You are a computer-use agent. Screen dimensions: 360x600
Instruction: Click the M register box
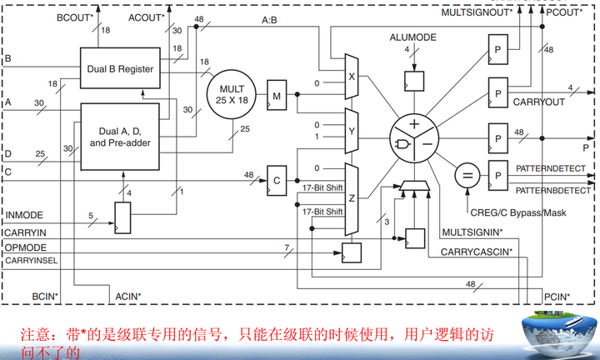[x=277, y=96]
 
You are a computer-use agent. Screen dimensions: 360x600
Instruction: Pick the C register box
[x=277, y=177]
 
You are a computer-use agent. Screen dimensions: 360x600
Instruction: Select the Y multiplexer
[x=350, y=129]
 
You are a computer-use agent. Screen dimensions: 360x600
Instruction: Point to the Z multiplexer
[x=350, y=198]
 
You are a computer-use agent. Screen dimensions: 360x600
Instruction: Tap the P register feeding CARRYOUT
[x=497, y=89]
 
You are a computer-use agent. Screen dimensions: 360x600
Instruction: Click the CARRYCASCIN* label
[x=477, y=251]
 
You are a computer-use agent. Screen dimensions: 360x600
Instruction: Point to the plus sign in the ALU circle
[x=413, y=124]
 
